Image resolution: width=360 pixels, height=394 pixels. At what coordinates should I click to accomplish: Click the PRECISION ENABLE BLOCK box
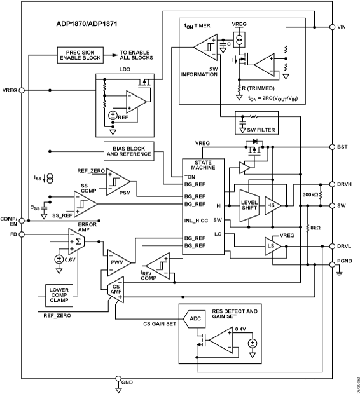[x=80, y=55]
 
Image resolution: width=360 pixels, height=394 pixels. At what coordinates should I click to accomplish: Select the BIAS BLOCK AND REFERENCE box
[x=129, y=151]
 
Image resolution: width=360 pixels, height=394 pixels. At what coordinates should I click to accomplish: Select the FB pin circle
[x=22, y=234]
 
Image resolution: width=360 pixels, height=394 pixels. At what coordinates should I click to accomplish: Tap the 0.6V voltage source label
[x=68, y=259]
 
